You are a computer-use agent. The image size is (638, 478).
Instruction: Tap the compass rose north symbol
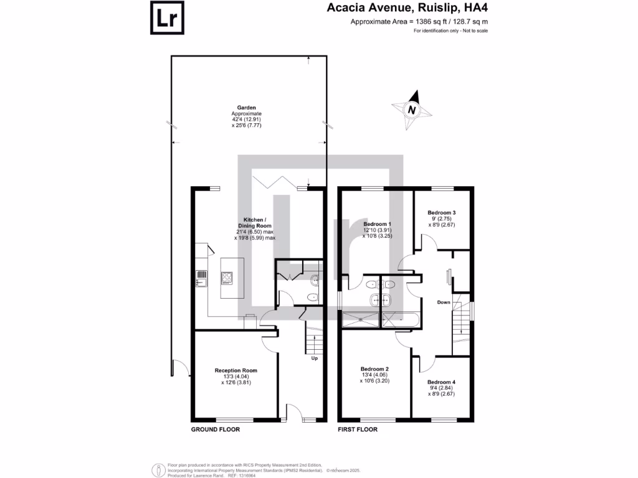click(411, 110)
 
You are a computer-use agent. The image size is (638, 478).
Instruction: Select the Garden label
click(247, 108)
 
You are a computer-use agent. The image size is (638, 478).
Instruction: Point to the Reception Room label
click(236, 370)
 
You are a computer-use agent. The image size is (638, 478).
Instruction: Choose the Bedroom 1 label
click(378, 224)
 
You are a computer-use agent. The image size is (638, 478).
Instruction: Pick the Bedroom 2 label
click(374, 368)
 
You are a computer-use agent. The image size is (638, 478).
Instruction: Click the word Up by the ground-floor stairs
click(314, 358)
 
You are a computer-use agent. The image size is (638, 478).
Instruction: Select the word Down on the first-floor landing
click(444, 302)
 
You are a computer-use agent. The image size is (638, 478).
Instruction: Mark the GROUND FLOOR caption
click(215, 429)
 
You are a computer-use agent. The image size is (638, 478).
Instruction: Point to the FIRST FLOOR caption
click(358, 429)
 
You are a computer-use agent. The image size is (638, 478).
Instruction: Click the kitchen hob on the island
click(226, 279)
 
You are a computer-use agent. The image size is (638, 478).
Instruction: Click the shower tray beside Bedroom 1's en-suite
click(360, 320)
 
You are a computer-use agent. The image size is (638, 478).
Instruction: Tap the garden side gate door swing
click(177, 369)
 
